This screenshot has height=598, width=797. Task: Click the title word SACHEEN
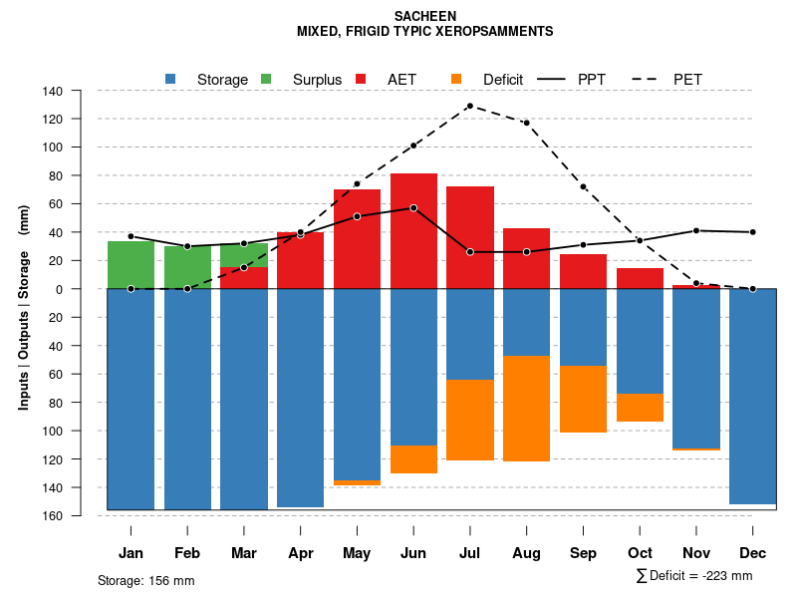click(x=425, y=16)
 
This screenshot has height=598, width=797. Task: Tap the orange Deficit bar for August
click(x=526, y=409)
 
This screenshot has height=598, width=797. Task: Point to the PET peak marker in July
click(x=469, y=106)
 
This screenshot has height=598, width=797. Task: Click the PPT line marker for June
click(x=413, y=208)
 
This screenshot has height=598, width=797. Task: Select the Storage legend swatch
click(x=171, y=79)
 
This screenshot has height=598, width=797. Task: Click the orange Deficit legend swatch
click(x=456, y=79)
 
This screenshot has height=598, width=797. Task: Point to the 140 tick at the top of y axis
click(x=54, y=92)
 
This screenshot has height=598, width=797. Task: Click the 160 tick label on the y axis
click(x=54, y=516)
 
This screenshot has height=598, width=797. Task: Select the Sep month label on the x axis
click(x=584, y=553)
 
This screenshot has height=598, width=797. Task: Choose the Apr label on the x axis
click(x=300, y=553)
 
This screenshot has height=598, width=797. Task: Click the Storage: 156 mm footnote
click(x=145, y=580)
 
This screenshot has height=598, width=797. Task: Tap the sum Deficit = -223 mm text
click(x=693, y=576)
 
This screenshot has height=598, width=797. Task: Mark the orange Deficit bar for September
click(x=583, y=399)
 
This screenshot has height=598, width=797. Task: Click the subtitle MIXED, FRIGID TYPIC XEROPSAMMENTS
click(x=425, y=32)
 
